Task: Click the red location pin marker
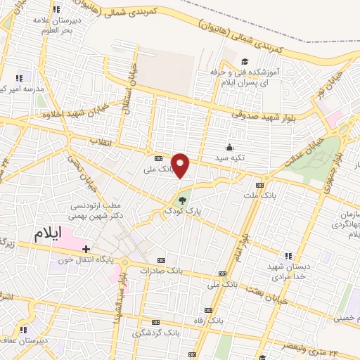coord(181,166)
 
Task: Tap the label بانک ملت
coord(258,193)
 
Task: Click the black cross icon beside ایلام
coord(86,248)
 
